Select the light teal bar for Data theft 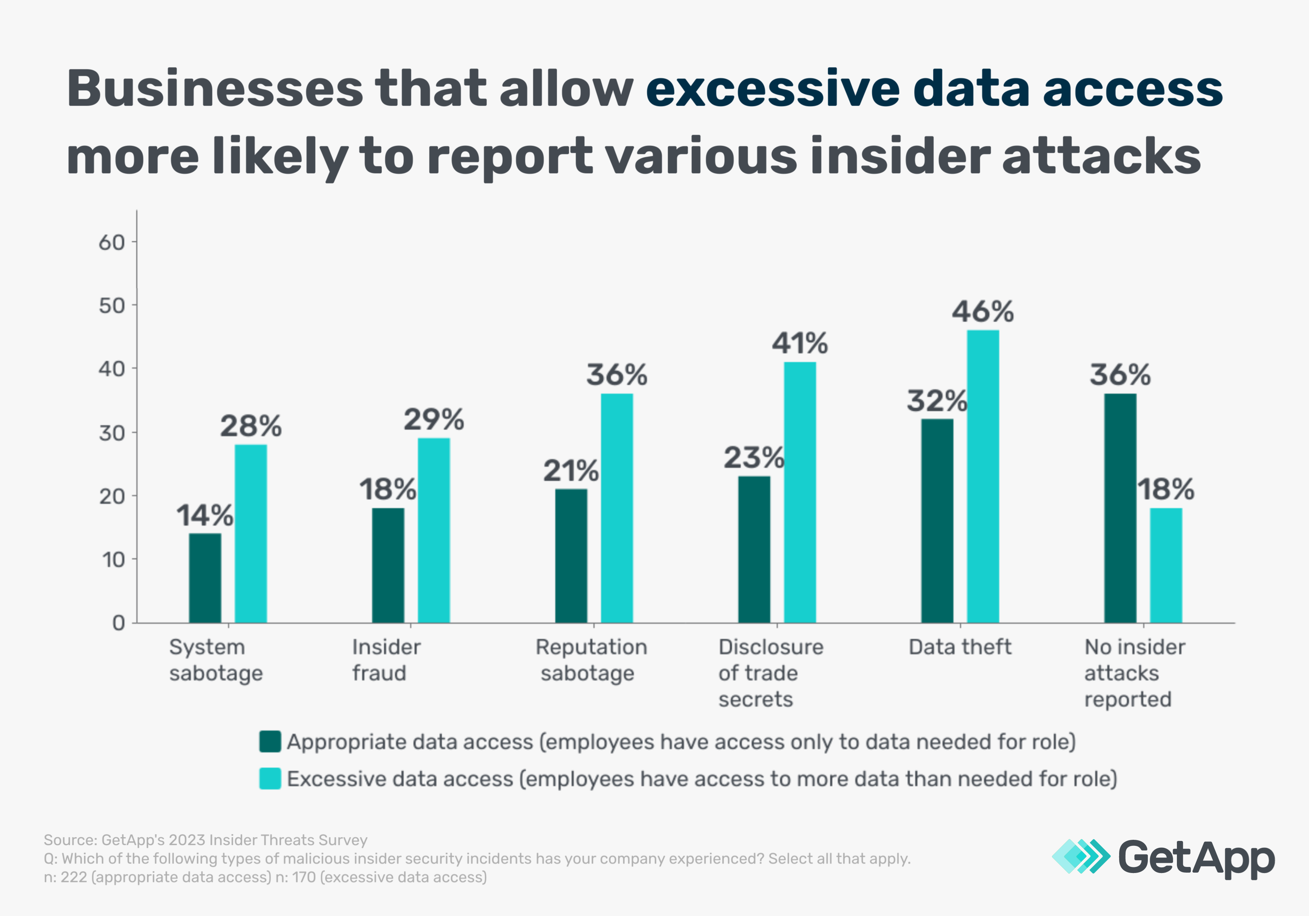click(983, 476)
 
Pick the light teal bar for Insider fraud click(433, 530)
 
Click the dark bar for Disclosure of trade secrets click(754, 549)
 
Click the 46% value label click(983, 311)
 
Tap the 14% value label click(204, 515)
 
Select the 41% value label click(799, 343)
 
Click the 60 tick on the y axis click(111, 243)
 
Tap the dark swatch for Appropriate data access click(269, 742)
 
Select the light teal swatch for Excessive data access click(269, 779)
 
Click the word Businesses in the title click(214, 89)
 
